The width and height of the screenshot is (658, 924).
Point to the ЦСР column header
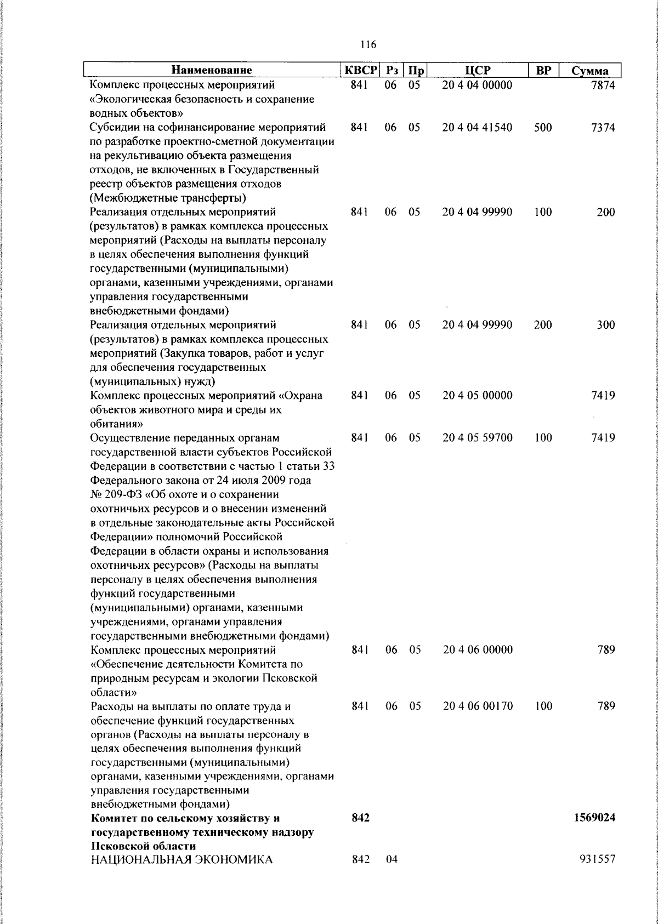(477, 71)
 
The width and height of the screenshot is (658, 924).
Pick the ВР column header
(543, 71)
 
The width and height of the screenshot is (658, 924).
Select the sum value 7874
(603, 85)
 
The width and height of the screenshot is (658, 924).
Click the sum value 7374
(603, 128)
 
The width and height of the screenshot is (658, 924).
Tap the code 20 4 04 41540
(478, 128)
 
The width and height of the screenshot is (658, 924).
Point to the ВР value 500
(543, 128)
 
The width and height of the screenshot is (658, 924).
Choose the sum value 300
(606, 325)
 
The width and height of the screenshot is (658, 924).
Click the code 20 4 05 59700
(478, 438)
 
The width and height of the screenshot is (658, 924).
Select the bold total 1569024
(594, 818)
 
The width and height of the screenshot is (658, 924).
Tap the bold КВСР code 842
(360, 818)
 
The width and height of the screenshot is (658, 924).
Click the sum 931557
(597, 860)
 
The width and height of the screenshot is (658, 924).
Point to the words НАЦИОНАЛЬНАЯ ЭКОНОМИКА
(181, 860)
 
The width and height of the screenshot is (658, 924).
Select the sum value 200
(606, 213)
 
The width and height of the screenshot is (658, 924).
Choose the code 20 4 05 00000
(478, 396)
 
